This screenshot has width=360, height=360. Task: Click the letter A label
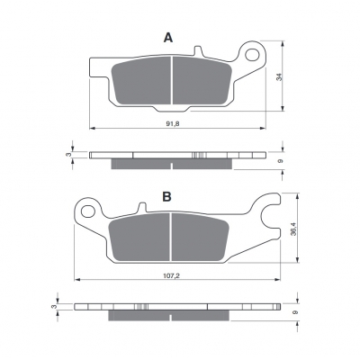pos(168,38)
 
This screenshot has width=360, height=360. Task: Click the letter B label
pos(166,196)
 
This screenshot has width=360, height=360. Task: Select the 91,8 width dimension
pos(173,123)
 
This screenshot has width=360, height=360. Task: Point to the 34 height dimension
pos(280,77)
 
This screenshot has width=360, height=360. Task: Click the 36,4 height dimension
pos(294,229)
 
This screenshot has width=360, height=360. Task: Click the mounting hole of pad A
pos(252,55)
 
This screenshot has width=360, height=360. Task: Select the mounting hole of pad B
pos(88,211)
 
